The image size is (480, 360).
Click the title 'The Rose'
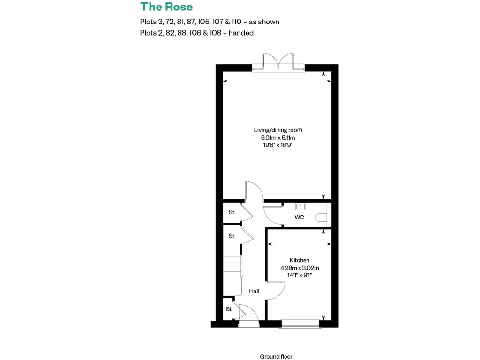[x=166, y=7]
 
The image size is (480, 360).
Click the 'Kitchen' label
[x=299, y=260]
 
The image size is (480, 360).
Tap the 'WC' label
[x=299, y=217]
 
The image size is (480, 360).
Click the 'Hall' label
[x=254, y=291]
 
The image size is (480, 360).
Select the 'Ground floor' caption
[x=276, y=357]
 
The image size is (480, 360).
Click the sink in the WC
[x=300, y=206]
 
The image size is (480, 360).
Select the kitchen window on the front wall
[x=300, y=322]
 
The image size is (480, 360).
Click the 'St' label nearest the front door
[x=229, y=309]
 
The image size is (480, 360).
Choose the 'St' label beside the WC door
[x=231, y=212]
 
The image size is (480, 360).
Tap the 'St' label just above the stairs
[x=231, y=236]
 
